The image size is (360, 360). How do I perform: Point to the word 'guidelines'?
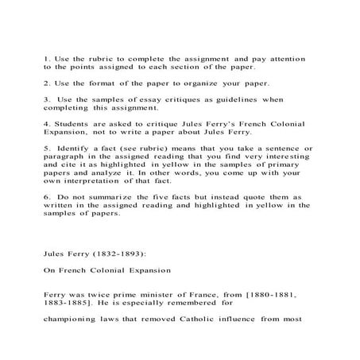[x=243, y=99]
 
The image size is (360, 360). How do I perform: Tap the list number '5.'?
[x=46, y=148]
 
